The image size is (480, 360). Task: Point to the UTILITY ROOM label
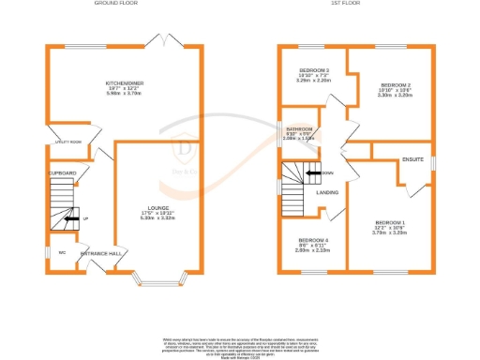(x=67, y=142)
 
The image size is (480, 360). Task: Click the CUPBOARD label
(x=64, y=172)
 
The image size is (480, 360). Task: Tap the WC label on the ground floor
(x=62, y=251)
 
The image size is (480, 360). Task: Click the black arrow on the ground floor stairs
(x=71, y=218)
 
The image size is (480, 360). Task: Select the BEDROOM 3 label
(x=313, y=70)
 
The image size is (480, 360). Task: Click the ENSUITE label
(x=413, y=160)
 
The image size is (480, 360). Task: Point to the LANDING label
(x=328, y=193)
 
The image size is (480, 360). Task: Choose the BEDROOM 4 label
(x=312, y=239)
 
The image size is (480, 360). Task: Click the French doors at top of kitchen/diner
(x=166, y=41)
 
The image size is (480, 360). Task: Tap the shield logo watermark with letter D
(x=186, y=146)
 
